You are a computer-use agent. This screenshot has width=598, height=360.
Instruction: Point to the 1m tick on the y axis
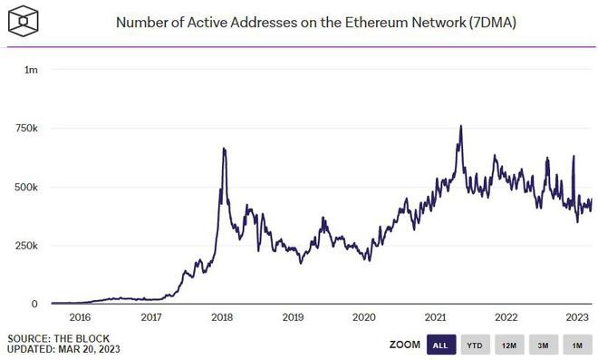(x=31, y=70)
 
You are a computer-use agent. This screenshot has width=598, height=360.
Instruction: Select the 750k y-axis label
(x=24, y=129)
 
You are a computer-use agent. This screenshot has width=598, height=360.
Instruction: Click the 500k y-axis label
(x=24, y=187)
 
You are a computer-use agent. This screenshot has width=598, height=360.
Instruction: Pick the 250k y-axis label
(x=24, y=246)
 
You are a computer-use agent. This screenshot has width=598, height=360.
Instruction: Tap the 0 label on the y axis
(x=34, y=305)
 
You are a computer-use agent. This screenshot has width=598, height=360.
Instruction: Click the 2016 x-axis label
(x=80, y=318)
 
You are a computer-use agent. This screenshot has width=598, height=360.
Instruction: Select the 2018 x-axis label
(x=222, y=318)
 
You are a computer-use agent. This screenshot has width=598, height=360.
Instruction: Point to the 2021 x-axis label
(x=435, y=318)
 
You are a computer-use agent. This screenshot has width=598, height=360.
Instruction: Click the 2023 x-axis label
(x=577, y=318)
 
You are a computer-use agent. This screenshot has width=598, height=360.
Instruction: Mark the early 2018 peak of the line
(x=224, y=149)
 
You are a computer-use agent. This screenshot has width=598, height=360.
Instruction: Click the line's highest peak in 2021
(x=461, y=127)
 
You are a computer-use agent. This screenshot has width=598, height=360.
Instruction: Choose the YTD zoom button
(x=474, y=345)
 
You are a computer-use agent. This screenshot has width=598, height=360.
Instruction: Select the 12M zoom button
(x=508, y=345)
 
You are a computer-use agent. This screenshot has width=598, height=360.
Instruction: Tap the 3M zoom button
(x=542, y=345)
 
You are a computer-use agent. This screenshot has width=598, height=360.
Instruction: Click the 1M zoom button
(x=575, y=345)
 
